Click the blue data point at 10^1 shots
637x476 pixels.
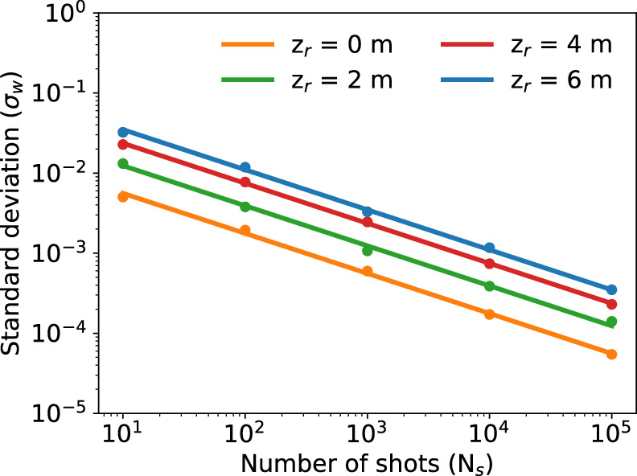point(123,132)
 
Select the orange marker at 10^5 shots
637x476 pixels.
point(611,354)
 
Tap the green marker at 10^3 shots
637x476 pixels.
point(368,251)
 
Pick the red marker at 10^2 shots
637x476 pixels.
point(245,183)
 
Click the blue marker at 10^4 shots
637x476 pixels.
point(489,248)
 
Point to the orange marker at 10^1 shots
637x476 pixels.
point(123,196)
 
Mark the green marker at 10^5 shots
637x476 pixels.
point(611,322)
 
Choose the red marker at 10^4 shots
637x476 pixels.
point(489,264)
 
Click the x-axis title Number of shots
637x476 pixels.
point(368,464)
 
